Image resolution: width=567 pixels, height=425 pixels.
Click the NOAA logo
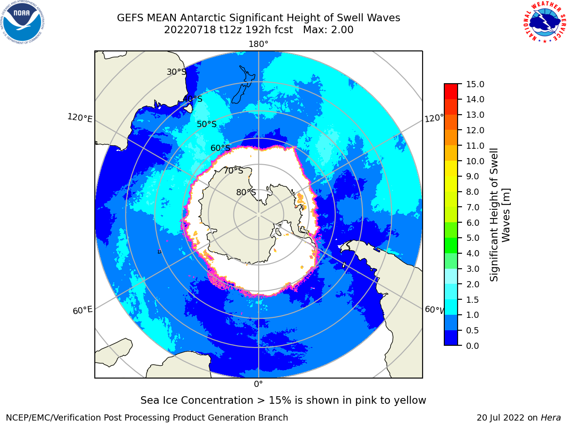click(23, 23)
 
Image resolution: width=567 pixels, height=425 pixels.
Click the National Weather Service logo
click(544, 22)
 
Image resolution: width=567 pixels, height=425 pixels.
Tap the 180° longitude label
click(258, 44)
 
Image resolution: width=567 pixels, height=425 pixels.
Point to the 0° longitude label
click(258, 384)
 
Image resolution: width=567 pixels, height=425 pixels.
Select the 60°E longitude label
click(82, 310)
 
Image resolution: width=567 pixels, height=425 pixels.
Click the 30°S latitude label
click(176, 72)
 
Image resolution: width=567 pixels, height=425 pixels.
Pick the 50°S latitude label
click(207, 124)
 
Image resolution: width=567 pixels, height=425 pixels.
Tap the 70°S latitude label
click(233, 170)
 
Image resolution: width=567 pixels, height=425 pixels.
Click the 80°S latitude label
click(246, 192)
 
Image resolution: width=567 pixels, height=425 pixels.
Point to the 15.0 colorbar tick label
click(475, 84)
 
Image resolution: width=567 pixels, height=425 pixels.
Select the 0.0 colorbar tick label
click(473, 346)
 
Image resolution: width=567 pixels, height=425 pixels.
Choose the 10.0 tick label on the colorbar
click(475, 161)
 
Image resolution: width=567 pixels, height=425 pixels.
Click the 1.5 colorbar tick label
click(473, 300)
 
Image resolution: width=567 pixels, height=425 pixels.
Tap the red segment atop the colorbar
click(451, 92)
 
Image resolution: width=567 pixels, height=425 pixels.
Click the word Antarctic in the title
click(203, 18)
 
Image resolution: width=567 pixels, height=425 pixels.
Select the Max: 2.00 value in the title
click(328, 30)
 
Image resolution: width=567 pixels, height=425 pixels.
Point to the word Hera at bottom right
click(551, 417)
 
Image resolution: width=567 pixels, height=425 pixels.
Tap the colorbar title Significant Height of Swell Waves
click(499, 215)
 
